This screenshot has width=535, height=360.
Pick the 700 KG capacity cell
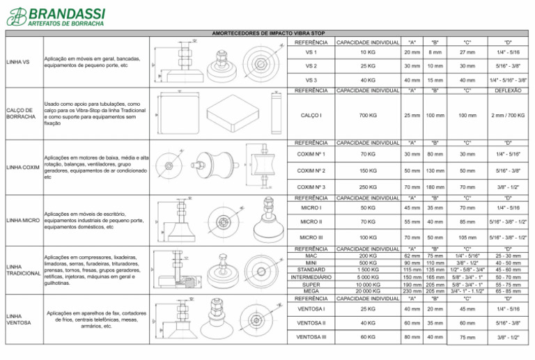(364, 116)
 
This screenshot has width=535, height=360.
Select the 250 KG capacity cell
(364, 187)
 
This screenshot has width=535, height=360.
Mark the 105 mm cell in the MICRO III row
(467, 237)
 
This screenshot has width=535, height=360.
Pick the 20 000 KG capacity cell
(364, 291)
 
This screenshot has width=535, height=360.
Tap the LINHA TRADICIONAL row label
(21, 270)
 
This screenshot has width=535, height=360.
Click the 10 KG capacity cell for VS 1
(364, 53)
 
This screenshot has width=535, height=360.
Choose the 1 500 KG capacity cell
(364, 269)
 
